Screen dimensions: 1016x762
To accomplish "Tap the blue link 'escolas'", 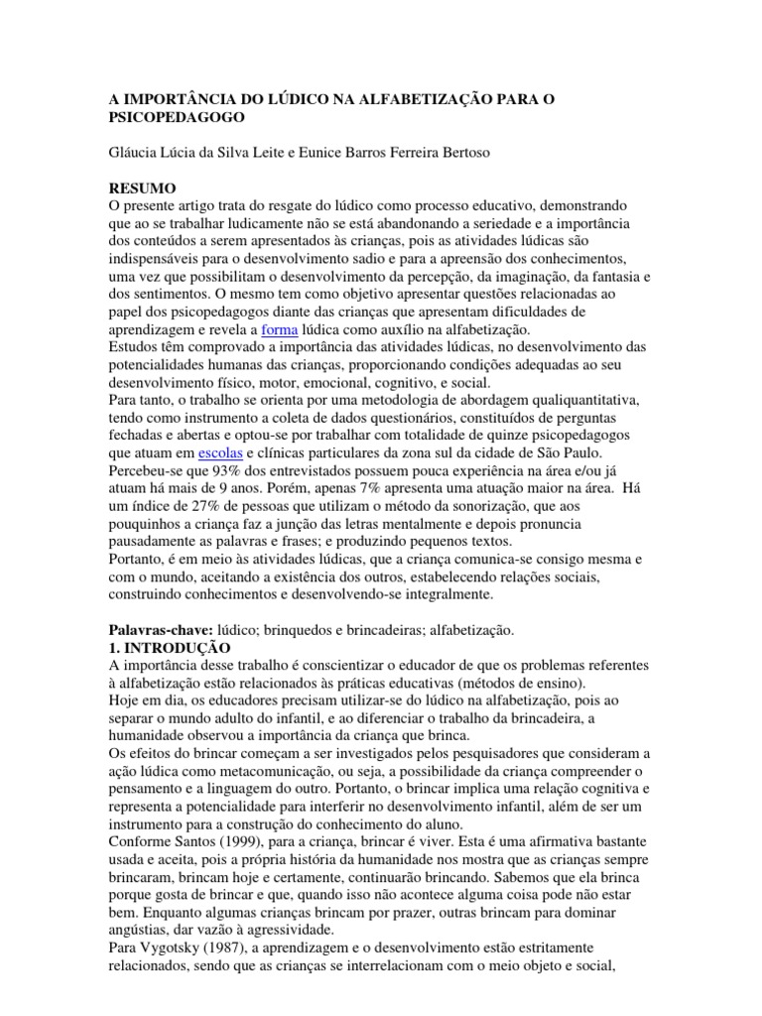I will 220,451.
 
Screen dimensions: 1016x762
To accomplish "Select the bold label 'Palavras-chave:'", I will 160,630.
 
